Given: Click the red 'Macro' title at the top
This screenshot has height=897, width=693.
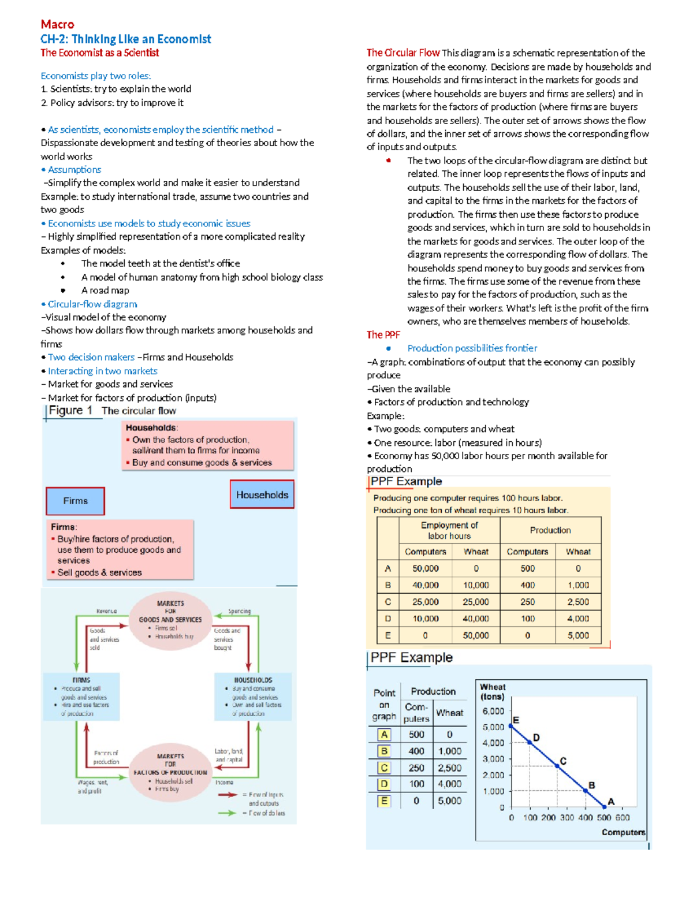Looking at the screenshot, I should point(57,24).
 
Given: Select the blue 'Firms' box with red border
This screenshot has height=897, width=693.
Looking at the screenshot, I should point(75,501).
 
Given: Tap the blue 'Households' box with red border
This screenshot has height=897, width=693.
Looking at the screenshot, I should point(262,495).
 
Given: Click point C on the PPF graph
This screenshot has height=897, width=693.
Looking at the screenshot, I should point(558,766).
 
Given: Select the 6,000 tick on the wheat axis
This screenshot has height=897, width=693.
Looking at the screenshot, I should point(493,711).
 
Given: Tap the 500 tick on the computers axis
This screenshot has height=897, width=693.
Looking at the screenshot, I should point(603,817).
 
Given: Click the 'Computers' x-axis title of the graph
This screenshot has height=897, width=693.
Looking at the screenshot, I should point(623,832).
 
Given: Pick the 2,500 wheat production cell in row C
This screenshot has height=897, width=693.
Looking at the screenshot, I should point(578,602).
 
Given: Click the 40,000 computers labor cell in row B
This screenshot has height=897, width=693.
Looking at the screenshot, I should point(425,585).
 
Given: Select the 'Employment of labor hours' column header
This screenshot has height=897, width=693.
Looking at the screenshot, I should point(449,530).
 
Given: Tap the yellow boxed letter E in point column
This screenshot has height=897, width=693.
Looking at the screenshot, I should point(384,801).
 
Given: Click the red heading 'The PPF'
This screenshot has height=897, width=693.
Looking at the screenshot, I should point(383,335).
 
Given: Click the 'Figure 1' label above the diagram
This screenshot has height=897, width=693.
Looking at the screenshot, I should point(70,410).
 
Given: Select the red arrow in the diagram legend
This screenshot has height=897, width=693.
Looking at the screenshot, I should point(228,795).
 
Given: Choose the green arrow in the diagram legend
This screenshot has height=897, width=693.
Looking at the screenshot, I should point(228,813).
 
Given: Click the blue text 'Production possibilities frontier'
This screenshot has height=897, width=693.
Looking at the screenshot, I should point(472,348).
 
